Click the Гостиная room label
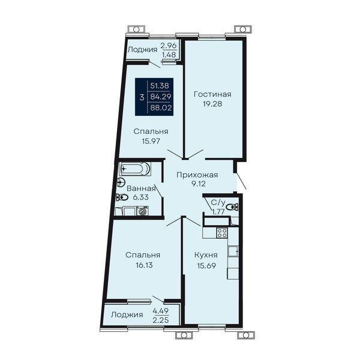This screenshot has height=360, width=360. click(212, 94)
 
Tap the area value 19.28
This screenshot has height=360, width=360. click(212, 104)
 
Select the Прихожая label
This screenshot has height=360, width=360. click(197, 175)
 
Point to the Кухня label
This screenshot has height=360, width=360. click(206, 255)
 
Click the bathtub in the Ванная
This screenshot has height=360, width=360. click(135, 169)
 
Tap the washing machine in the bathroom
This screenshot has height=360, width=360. click(143, 211)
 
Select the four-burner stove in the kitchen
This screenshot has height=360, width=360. click(222, 233)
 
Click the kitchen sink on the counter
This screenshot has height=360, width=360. click(233, 251)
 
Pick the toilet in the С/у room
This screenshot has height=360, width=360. click(232, 207)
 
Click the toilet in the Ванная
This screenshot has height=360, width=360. click(122, 197)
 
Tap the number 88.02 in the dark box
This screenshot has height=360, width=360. click(161, 107)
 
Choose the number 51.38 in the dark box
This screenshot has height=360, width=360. click(160, 86)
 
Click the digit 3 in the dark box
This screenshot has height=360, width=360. click(142, 97)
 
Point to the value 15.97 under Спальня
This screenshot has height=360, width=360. click(151, 141)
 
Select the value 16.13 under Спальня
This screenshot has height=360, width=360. click(144, 265)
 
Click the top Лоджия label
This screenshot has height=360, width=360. click(142, 50)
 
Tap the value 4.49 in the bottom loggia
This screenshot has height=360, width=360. click(161, 311)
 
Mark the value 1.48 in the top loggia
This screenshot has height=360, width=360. click(169, 55)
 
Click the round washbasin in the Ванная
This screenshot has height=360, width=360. click(121, 183)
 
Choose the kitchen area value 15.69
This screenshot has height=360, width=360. click(206, 266)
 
